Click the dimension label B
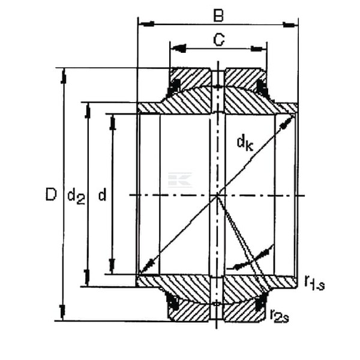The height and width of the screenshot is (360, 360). tap(218, 16)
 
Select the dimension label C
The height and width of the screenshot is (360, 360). tap(218, 40)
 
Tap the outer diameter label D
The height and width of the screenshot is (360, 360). tap(51, 194)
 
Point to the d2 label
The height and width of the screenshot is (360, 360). tap(76, 197)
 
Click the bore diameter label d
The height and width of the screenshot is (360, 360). tap(103, 194)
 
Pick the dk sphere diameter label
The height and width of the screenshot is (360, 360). tap(245, 143)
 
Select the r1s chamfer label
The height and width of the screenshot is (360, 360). tap(314, 283)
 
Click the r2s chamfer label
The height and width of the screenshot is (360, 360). tap(280, 316)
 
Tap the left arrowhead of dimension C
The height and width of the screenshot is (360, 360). tap(179, 49)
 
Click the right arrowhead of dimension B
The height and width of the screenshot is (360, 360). tap(290, 25)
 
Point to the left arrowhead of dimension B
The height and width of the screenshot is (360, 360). tap(146, 23)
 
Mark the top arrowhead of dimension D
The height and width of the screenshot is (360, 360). tap(64, 76)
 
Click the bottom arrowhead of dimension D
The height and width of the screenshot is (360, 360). tap(62, 313)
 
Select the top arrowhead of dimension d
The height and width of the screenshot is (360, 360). tap(113, 122)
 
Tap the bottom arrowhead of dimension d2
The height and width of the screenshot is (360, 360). tap(87, 278)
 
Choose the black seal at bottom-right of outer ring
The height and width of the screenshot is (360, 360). tap(261, 301)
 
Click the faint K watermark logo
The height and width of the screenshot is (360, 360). tap(180, 179)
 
